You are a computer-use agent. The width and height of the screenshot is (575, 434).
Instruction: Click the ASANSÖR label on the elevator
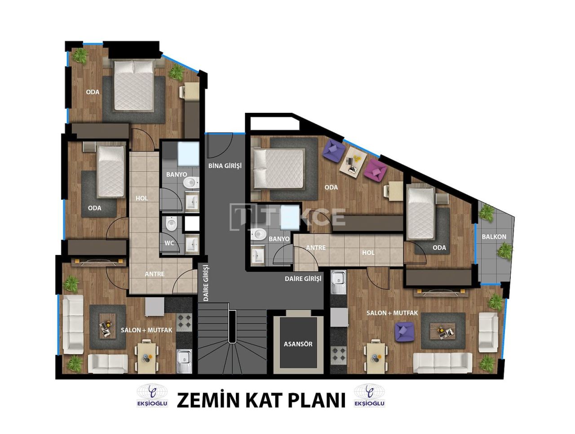coord(298,344)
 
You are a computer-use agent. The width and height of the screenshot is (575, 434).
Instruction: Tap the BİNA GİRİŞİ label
coord(225,166)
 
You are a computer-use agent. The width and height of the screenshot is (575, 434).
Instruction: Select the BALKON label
coord(494,237)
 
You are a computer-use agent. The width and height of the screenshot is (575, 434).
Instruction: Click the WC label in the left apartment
coord(170,243)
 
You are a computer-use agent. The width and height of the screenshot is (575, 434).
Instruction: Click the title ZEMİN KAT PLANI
coord(261,400)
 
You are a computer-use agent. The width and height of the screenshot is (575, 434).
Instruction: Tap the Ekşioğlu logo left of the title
coord(152,396)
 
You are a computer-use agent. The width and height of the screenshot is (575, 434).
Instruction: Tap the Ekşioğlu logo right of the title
coord(369,396)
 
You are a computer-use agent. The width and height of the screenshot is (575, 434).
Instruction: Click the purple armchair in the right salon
coord(404,331)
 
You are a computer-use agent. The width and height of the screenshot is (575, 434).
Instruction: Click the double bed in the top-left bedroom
coord(133,85)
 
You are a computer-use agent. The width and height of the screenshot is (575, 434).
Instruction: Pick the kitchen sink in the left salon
coord(184,361)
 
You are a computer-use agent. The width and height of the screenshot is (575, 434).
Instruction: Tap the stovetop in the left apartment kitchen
coord(184,322)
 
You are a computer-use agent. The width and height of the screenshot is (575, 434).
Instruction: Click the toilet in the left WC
coord(171,224)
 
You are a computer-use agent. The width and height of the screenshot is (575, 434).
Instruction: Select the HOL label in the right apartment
coord(368,253)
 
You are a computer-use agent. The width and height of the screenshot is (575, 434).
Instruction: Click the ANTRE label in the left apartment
coord(155,274)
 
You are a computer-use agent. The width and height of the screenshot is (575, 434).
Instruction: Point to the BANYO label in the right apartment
coord(279,239)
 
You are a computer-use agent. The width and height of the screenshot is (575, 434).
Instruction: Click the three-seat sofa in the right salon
coord(442,362)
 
